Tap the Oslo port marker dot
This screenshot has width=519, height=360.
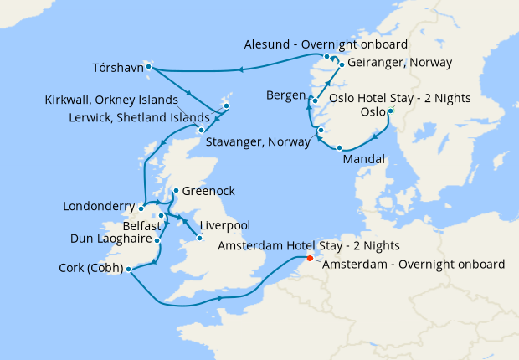pyautogui.click(x=390, y=111)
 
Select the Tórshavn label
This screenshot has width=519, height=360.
pyautogui.click(x=116, y=66)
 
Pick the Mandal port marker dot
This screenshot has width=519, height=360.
pyautogui.click(x=340, y=148)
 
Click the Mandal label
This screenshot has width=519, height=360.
pyautogui.click(x=364, y=159)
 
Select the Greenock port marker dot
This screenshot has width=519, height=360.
pyautogui.click(x=175, y=191)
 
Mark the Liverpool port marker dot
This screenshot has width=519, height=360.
pyautogui.click(x=198, y=239)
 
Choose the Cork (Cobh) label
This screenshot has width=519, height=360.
pyautogui.click(x=90, y=269)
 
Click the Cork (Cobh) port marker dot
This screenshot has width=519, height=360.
pyautogui.click(x=128, y=269)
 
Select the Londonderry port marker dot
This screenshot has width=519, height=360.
pyautogui.click(x=142, y=206)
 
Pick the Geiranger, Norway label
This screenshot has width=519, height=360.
pyautogui.click(x=399, y=63)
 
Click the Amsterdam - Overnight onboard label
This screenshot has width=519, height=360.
pyautogui.click(x=414, y=265)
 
